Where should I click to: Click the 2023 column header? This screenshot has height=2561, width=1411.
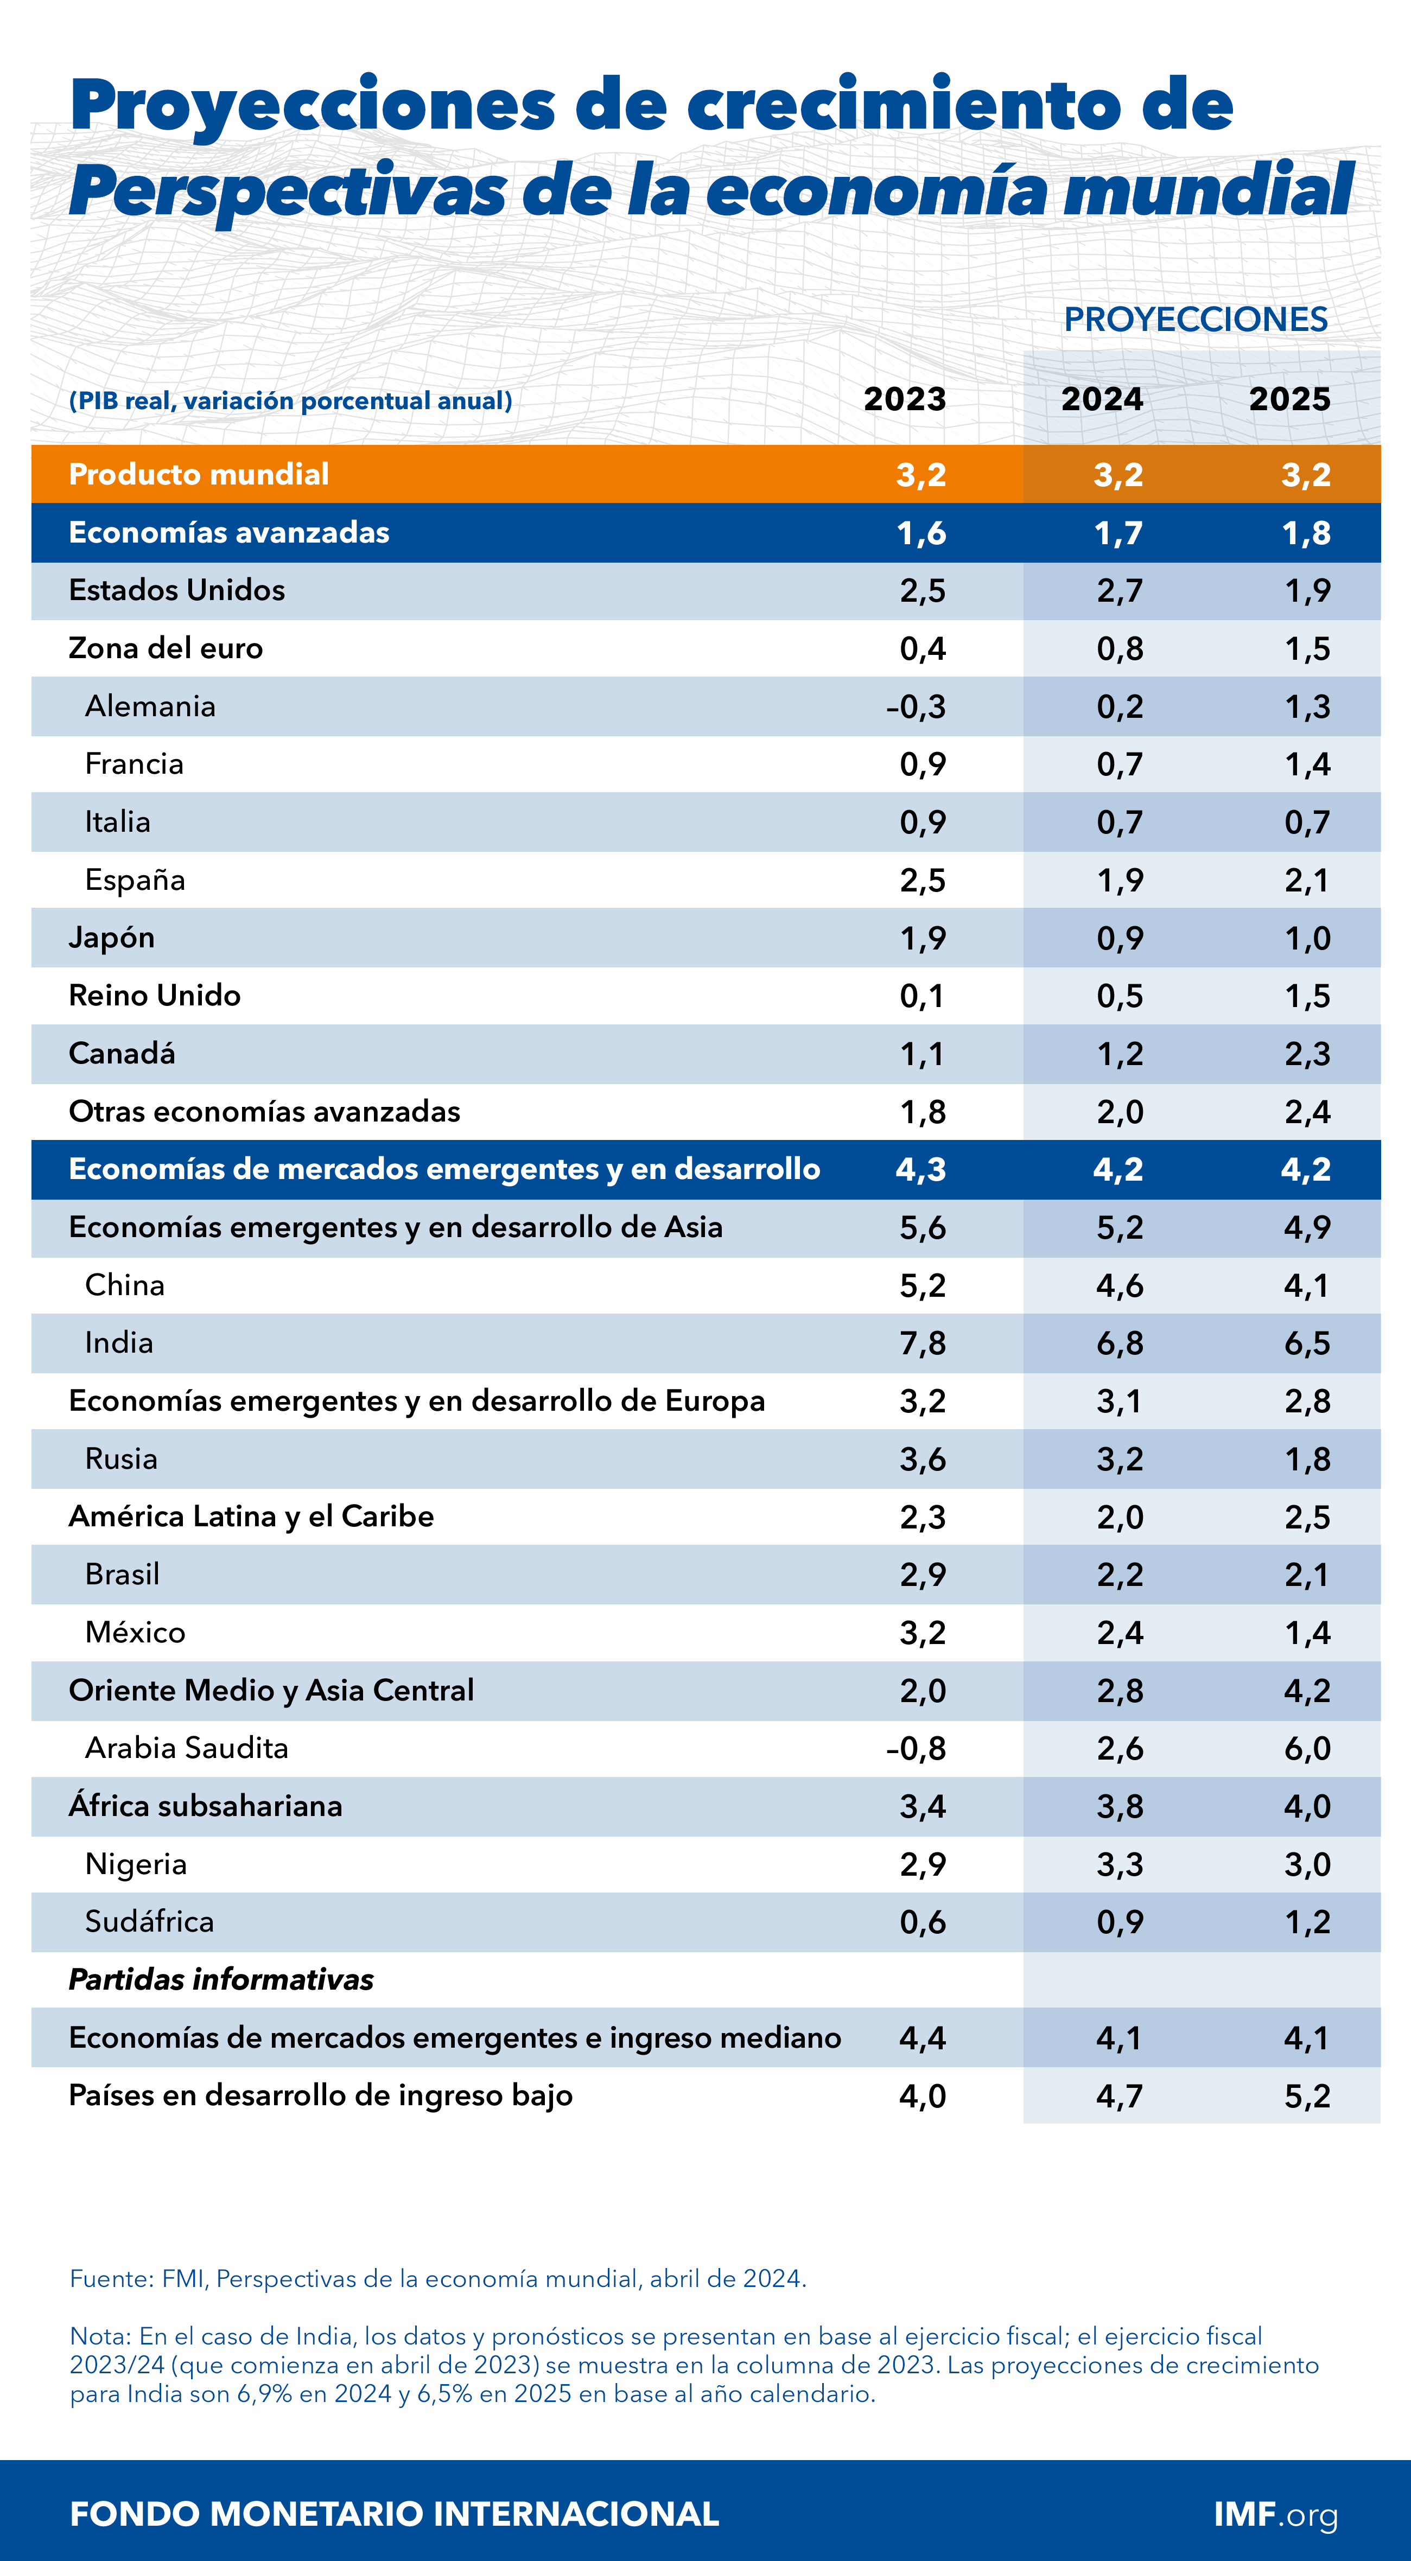point(904,399)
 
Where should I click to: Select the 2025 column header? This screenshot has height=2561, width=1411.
point(1289,399)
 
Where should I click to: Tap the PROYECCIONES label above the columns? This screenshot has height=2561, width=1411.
point(1195,319)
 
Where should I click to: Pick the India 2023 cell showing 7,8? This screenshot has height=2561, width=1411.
point(922,1343)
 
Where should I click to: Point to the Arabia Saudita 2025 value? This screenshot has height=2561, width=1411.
point(1307,1749)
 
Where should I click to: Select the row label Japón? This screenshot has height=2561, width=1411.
point(111,938)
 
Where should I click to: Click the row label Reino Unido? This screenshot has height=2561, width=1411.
point(154,995)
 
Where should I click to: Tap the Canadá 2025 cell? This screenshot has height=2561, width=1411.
point(1307,1054)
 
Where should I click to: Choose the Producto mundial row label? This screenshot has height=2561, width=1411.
point(199,474)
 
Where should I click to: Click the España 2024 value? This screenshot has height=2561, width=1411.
point(1120,880)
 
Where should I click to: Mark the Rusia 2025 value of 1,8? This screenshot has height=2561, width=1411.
point(1307,1460)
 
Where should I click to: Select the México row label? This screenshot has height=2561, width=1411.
point(135,1633)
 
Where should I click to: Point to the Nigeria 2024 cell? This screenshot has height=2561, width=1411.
point(1120,1864)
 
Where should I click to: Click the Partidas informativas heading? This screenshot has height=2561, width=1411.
point(221,1979)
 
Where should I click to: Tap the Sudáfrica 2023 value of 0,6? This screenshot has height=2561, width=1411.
point(922,1922)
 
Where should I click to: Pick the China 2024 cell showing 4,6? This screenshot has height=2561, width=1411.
point(1120,1285)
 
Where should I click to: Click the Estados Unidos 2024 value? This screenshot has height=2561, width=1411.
point(1120,590)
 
